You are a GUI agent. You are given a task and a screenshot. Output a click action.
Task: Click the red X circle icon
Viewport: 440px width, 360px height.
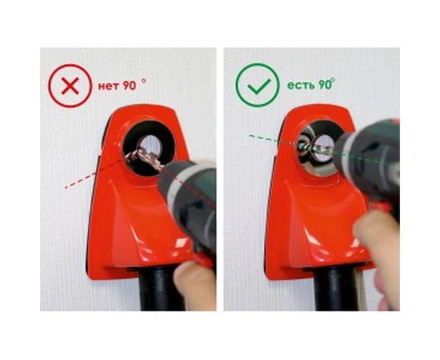pos(70,86)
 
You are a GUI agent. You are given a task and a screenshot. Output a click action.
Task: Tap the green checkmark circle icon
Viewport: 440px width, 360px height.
pos(257,86)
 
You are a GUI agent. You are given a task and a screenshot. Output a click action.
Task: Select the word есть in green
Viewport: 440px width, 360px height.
pos(299,84)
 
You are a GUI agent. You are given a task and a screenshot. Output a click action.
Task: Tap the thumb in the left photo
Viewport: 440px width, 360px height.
pos(195,284)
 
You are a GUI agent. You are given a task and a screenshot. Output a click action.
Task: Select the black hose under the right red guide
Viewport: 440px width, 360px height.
pos(336,292)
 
